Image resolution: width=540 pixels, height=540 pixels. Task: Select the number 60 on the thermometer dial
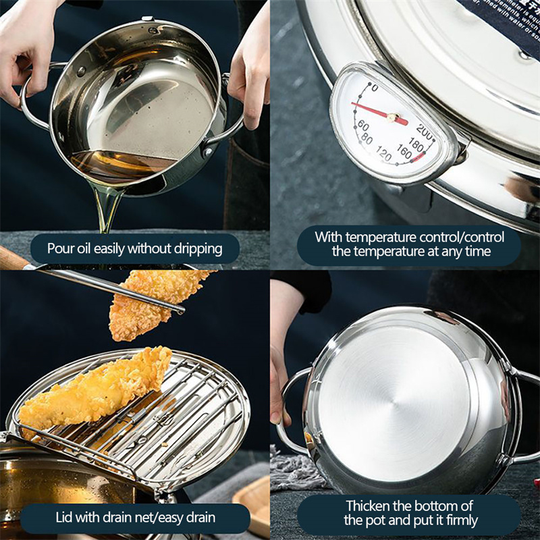pyautogui.click(x=362, y=126)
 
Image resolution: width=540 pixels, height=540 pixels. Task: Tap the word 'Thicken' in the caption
pyautogui.click(x=370, y=506)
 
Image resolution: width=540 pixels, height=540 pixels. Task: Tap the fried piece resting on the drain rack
pyautogui.click(x=94, y=391)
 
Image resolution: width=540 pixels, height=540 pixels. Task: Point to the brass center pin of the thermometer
pyautogui.click(x=391, y=117)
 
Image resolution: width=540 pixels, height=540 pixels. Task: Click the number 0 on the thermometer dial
pyautogui.click(x=375, y=89)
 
